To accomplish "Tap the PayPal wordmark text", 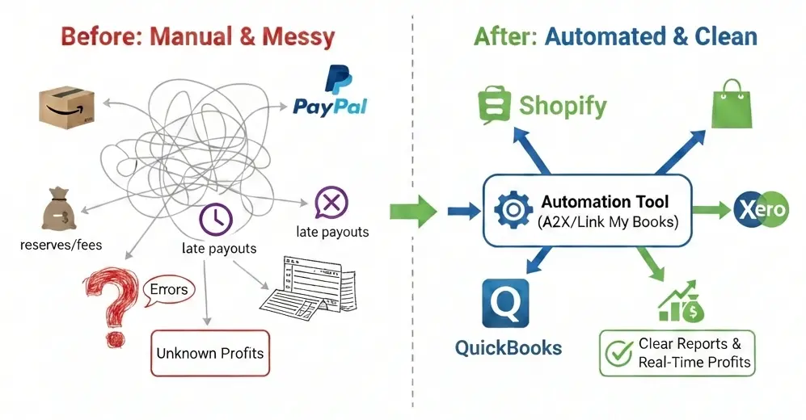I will point(330,106).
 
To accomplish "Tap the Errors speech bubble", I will point(169,289).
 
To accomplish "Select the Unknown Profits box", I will point(209,353).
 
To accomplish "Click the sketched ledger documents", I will point(308,287).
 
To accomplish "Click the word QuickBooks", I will point(508,348).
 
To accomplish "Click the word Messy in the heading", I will point(294,36).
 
